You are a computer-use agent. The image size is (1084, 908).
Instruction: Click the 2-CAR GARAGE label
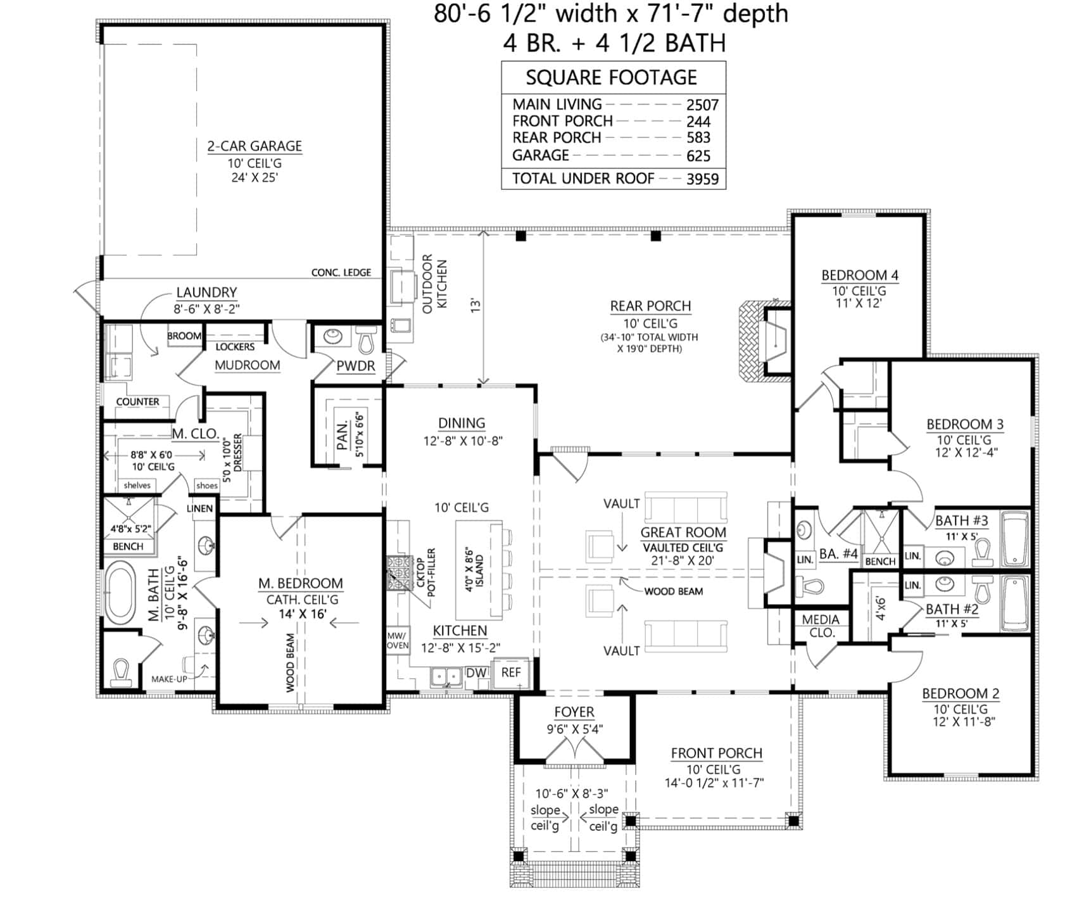(x=255, y=146)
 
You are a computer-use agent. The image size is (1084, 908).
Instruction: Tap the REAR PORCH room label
(x=650, y=306)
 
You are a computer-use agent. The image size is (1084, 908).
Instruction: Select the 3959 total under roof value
(x=703, y=179)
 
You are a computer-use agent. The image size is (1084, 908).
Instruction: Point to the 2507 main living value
(x=703, y=105)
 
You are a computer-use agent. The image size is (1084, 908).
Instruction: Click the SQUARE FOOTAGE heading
(x=612, y=77)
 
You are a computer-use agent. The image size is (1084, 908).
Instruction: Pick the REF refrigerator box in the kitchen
(x=511, y=673)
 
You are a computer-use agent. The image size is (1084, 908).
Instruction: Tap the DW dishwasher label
(x=476, y=673)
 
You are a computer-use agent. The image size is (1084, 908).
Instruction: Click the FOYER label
(x=574, y=712)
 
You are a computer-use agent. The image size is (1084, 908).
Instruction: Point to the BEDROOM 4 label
(x=860, y=275)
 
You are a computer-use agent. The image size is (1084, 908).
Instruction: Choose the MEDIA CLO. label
(x=821, y=626)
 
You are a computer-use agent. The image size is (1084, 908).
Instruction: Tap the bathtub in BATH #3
(x=1015, y=539)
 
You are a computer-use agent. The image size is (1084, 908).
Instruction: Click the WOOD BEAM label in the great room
(x=673, y=591)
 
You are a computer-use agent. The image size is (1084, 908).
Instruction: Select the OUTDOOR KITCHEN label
(x=434, y=284)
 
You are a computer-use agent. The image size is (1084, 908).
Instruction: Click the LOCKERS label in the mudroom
(x=235, y=347)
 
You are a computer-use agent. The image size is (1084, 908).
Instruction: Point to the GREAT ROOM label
(x=683, y=533)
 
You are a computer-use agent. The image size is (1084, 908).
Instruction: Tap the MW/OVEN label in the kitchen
(x=398, y=640)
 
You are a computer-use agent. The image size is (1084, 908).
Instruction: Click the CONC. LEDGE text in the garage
(x=341, y=272)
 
